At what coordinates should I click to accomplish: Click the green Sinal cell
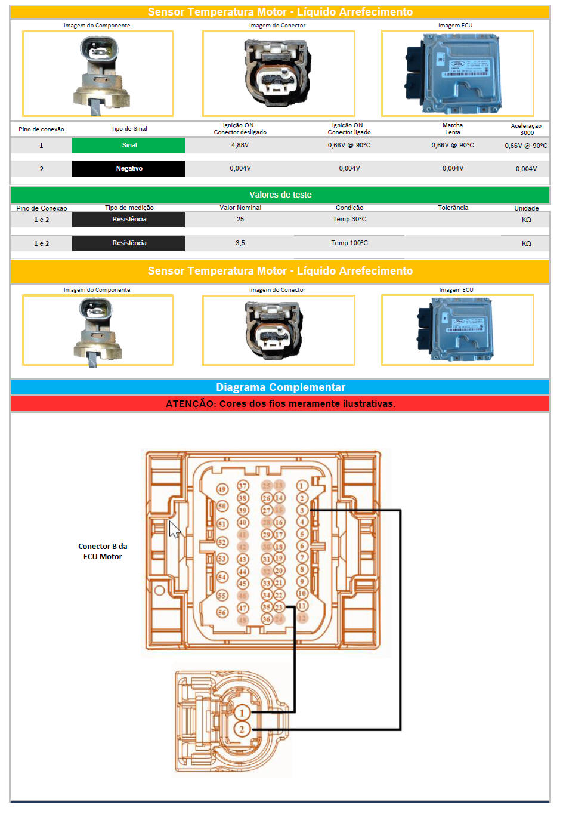coord(129,146)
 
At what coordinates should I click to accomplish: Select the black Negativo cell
coord(129,169)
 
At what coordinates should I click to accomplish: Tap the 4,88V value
coord(240,146)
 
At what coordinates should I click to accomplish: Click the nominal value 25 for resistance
coord(240,220)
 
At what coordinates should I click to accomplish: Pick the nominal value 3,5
coord(240,243)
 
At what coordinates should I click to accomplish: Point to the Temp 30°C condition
coord(349,220)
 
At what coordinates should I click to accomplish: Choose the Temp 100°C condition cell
coord(349,243)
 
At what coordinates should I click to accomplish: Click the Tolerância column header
coord(453,208)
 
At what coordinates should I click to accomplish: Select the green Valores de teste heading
coord(280,195)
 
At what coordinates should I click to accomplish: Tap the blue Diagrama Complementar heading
coord(280,387)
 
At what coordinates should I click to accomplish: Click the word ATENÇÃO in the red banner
coord(190,404)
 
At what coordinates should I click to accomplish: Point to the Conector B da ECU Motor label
coord(103,551)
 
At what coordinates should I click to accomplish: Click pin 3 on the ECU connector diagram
coord(302,510)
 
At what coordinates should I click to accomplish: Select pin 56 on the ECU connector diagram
coord(222,612)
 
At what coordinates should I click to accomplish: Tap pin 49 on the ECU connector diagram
coord(222,489)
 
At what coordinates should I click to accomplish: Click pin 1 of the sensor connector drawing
coord(242,713)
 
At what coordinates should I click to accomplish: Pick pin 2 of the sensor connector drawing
coord(242,729)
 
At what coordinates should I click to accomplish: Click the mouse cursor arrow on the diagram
coord(174,529)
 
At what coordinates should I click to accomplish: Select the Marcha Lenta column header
coord(453,129)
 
